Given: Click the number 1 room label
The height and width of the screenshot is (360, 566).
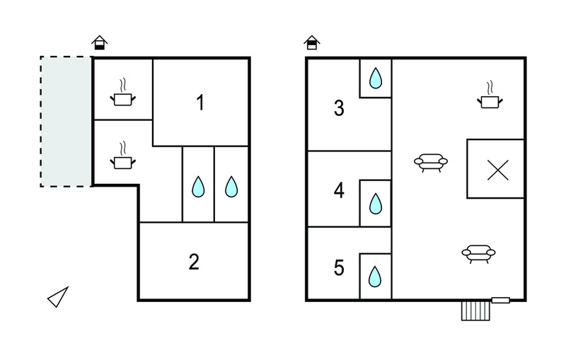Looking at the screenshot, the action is click(201, 102).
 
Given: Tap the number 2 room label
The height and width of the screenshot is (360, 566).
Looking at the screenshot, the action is click(194, 262).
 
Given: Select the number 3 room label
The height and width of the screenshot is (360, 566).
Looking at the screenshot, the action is click(339, 108).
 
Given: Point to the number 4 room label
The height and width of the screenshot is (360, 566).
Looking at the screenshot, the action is click(339, 190).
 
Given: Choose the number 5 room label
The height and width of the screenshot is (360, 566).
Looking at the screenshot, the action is click(339, 267).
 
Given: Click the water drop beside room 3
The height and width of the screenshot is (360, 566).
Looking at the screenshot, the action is click(376, 78).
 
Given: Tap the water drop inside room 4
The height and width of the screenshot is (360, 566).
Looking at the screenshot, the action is click(376, 204).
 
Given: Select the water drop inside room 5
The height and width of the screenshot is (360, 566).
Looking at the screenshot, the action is click(375, 277).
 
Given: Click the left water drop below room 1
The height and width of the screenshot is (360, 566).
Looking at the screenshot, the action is click(198, 187).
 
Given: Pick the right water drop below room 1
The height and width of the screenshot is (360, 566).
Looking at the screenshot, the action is click(231, 187).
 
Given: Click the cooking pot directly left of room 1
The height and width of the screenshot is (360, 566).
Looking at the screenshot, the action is click(123, 93).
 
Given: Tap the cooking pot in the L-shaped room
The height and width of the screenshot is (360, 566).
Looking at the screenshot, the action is click(123, 156).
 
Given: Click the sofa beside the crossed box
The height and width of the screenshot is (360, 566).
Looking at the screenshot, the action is click(431, 163).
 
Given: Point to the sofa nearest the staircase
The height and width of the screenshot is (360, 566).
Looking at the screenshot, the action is click(479, 254).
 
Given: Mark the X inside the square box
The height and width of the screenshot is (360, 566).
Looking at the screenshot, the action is click(498, 170).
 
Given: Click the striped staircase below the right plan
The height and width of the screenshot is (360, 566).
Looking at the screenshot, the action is click(475, 311).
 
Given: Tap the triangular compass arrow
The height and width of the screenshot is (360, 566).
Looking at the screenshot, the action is click(58, 297).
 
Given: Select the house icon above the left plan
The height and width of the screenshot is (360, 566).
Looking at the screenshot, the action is click(100, 42).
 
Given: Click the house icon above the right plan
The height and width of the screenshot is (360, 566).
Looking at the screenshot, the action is click(312, 42).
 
